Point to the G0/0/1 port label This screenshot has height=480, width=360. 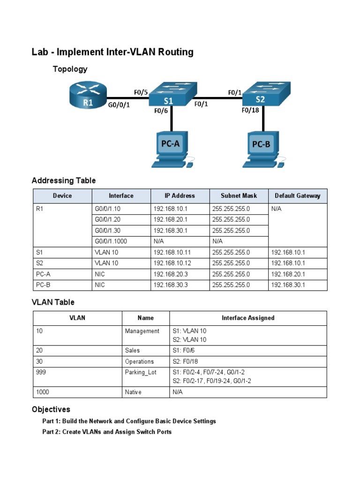tap(119, 105)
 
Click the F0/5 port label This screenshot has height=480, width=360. tap(141, 93)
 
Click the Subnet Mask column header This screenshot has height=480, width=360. tap(239, 196)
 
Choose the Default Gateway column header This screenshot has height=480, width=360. tap(298, 196)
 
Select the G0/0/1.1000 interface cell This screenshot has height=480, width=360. tap(111, 241)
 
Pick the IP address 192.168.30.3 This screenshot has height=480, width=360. tap(171, 285)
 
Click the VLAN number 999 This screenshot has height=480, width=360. tap(41, 372)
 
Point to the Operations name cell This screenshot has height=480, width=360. tap(139, 362)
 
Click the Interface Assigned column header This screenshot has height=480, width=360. tap(248, 318)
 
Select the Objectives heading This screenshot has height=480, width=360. tap(51, 410)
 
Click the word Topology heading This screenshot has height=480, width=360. tap(70, 69)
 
